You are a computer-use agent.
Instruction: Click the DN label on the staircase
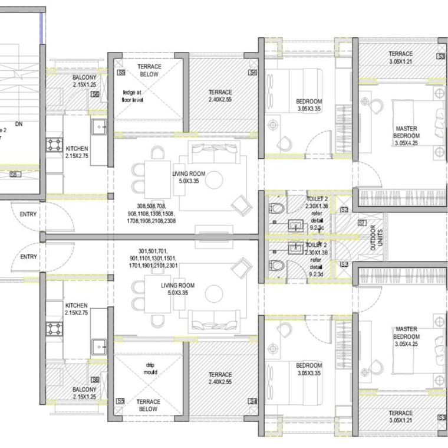pyautogui.click(x=19, y=124)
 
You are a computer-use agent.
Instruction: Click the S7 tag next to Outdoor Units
pyautogui.click(x=361, y=223)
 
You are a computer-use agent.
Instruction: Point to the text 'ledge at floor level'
pyautogui.click(x=133, y=96)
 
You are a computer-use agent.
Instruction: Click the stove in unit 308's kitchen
pyautogui.click(x=55, y=145)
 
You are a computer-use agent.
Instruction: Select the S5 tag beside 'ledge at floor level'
pyautogui.click(x=121, y=73)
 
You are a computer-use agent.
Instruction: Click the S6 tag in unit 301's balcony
pyautogui.click(x=95, y=381)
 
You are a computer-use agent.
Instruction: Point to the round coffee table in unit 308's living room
pyautogui.click(x=213, y=178)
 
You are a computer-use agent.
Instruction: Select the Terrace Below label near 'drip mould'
pyautogui.click(x=149, y=405)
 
